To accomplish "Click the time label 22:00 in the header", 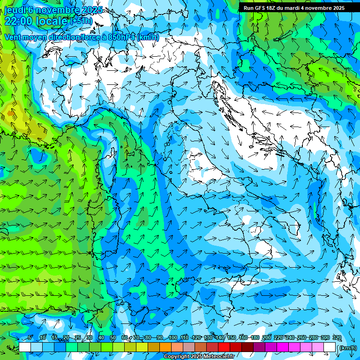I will click(19, 21).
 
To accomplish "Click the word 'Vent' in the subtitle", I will click(13, 37).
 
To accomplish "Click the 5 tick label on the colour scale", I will click(30, 338).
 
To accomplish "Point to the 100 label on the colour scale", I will click(173, 338).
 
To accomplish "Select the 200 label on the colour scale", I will click(267, 338).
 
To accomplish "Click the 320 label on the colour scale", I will click(337, 338).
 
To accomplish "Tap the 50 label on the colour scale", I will click(113, 338).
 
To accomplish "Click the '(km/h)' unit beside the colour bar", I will click(348, 348).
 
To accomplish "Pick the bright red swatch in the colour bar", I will click(224, 347).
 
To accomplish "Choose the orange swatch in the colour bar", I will click(165, 347).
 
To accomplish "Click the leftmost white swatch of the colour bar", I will click(25, 347).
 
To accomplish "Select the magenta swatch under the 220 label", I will click(283, 347).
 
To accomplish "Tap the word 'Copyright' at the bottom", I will click(178, 357).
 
